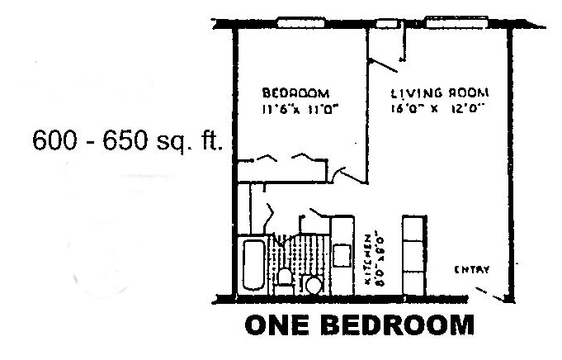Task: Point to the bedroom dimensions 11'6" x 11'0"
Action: [x=286, y=107]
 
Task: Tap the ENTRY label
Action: [x=473, y=269]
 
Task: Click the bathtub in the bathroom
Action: [x=252, y=264]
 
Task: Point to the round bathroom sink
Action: [x=312, y=285]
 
